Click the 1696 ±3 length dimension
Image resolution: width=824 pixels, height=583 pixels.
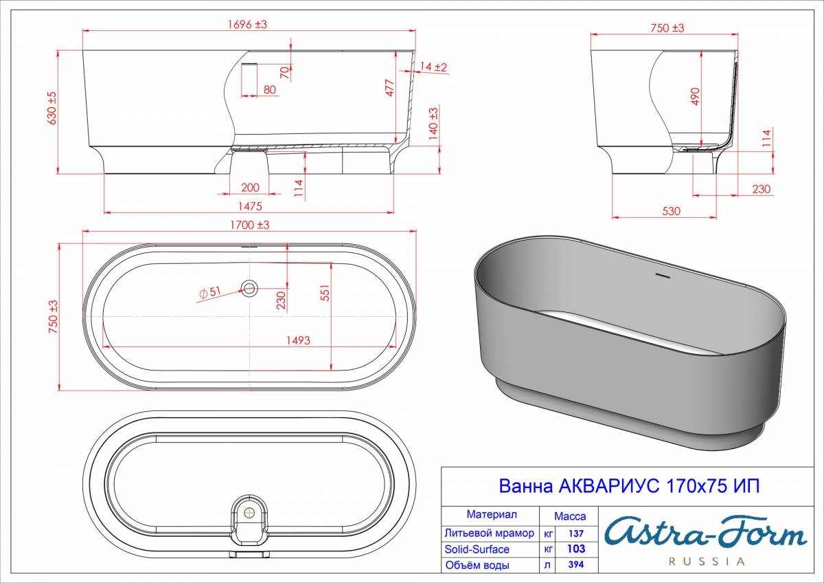(x=248, y=24)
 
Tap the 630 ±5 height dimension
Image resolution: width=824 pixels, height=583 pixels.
(x=52, y=108)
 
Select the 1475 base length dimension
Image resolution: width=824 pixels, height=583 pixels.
(x=250, y=206)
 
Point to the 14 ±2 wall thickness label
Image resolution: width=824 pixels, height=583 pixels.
(x=433, y=67)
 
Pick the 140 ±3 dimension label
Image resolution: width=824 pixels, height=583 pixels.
(x=433, y=123)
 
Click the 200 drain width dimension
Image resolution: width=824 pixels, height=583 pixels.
(x=250, y=188)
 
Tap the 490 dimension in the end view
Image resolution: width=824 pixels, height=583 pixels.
(x=695, y=96)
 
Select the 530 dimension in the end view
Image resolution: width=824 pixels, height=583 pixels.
(x=671, y=211)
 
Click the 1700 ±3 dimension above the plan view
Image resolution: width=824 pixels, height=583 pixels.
(x=250, y=225)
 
